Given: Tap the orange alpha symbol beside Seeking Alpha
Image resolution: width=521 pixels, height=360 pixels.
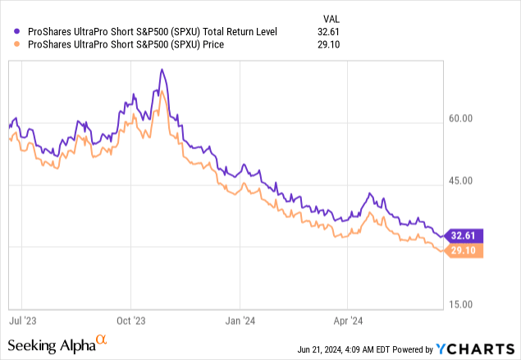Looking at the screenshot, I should [102, 339].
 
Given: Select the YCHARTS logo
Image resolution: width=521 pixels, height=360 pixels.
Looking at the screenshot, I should [481, 347].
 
